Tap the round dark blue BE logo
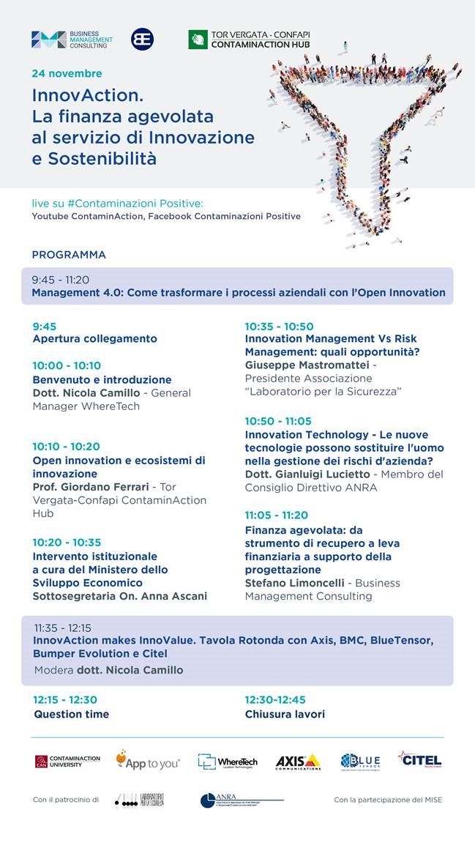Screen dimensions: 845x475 pos(142,40)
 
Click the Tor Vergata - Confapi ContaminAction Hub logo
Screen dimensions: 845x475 pos(249,40)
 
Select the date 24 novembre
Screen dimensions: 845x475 pos(67,74)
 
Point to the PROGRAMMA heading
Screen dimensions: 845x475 pos(69,255)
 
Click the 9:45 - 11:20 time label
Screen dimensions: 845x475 pos(60,280)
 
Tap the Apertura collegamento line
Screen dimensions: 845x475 pos(94,339)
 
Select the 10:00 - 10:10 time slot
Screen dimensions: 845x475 pos(67,365)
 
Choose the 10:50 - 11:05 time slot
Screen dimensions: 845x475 pos(278,421)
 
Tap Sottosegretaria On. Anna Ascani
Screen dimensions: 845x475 pos(119,596)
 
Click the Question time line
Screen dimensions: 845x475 pos(71,714)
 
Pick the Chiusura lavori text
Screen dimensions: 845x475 pos(285,714)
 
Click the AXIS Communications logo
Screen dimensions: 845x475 pos(298,762)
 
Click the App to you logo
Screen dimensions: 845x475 pos(147,761)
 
